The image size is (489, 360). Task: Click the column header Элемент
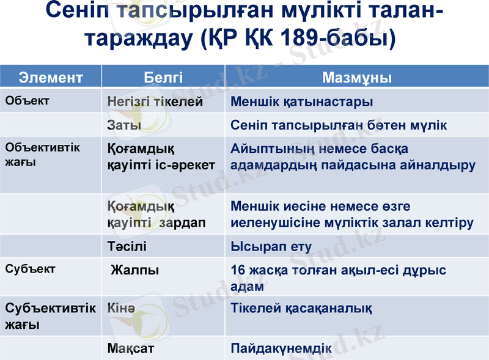51,78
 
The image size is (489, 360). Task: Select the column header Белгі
163,78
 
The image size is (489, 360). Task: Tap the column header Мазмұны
357,78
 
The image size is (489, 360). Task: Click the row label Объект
27,100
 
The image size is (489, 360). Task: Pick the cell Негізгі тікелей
155,102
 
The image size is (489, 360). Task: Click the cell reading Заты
124,125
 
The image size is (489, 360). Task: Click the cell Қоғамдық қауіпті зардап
156,215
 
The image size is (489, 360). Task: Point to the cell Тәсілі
127,247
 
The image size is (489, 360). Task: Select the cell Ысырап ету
271,247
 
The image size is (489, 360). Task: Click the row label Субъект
30,269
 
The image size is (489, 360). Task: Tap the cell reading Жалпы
135,270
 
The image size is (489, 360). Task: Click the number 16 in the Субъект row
238,270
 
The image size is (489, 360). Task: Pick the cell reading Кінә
121,308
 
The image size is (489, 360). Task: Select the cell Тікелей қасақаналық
301,308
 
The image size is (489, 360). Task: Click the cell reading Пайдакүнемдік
281,348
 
